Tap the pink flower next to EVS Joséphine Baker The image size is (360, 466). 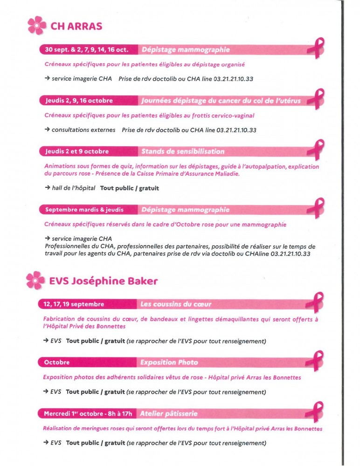36,281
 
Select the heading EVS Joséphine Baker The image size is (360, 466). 104,281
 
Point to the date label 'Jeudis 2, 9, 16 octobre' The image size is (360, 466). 79,100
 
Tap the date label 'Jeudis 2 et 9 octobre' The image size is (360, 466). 77,151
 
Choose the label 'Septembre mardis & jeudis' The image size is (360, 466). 84,210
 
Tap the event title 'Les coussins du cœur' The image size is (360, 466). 176,304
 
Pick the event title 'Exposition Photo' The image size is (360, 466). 169,362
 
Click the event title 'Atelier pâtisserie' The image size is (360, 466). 168,413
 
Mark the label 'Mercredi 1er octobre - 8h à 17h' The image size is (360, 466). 88,413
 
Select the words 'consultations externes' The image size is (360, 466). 83,130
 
